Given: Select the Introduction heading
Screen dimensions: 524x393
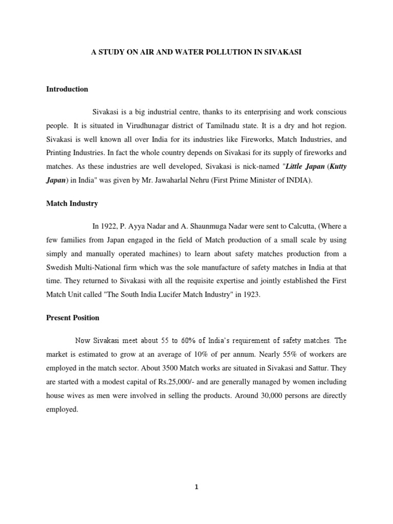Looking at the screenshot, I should pyautogui.click(x=67, y=89).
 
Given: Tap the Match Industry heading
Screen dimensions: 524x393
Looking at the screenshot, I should pyautogui.click(x=72, y=204).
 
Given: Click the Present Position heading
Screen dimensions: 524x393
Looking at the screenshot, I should pyautogui.click(x=73, y=318).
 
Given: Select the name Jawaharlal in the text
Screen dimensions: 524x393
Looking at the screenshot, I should pyautogui.click(x=192, y=181).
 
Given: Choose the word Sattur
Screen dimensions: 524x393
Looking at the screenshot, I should pyautogui.click(x=311, y=368).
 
